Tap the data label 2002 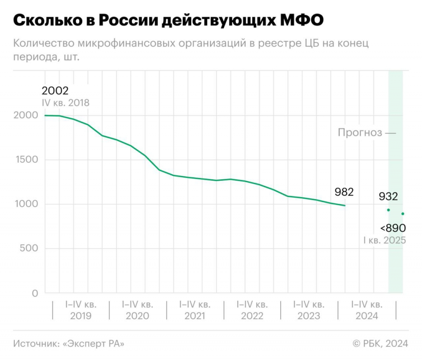click(x=55, y=91)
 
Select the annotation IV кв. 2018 click(x=65, y=103)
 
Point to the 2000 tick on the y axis click(x=26, y=115)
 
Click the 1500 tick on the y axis click(x=26, y=160)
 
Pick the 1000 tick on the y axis click(x=26, y=204)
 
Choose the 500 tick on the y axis click(x=29, y=249)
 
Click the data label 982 click(x=344, y=192)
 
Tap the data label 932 click(x=388, y=196)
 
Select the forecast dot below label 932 click(x=388, y=210)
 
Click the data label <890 click(x=393, y=228)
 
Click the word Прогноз click(x=359, y=133)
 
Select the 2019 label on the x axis click(x=81, y=316)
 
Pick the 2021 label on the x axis click(x=195, y=316)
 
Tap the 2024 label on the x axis click(x=366, y=316)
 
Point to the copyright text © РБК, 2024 click(x=380, y=344)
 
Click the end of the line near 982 click(x=345, y=206)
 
